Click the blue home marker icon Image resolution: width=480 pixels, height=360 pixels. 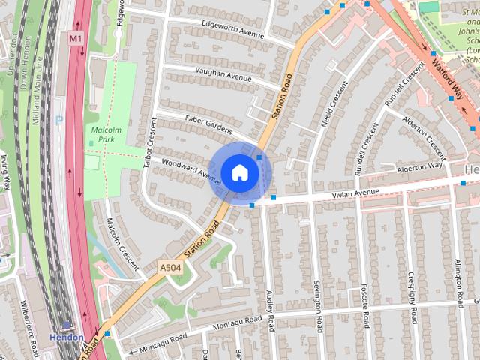click(239, 172)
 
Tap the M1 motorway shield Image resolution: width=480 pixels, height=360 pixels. click(76, 37)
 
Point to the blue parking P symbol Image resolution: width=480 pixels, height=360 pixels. click(59, 119)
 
